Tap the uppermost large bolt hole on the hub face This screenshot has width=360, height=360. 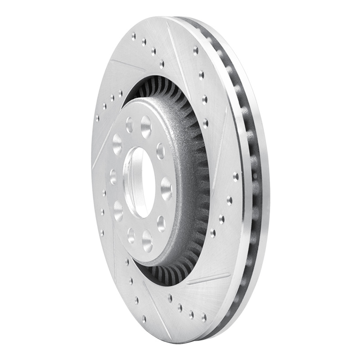[146, 127]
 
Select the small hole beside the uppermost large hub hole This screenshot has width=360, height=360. [130, 125]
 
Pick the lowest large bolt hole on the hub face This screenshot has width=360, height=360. [147, 240]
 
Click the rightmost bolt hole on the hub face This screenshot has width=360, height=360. [166, 188]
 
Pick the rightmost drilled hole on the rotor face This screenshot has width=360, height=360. [236, 177]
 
